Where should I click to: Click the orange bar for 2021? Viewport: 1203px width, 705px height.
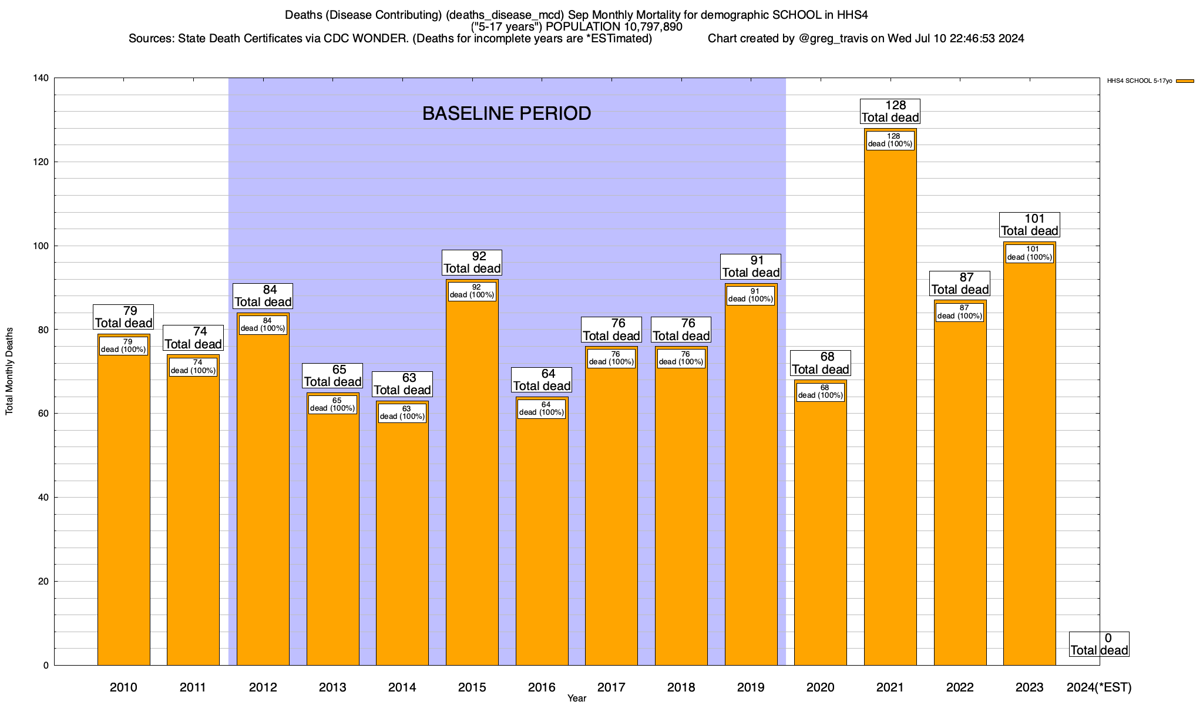tap(890, 411)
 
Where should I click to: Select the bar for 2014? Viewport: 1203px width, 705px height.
tap(402, 540)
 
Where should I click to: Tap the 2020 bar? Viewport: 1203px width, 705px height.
tap(820, 529)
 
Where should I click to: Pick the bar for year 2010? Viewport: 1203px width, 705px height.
tap(123, 505)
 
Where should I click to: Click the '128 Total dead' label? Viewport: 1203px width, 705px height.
tap(890, 111)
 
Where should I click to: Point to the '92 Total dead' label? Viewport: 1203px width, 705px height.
tap(472, 263)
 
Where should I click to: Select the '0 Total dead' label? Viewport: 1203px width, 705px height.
tap(1099, 644)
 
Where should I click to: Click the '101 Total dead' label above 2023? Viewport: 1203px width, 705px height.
tap(1030, 225)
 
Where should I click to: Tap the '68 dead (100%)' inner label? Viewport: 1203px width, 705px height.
tap(820, 392)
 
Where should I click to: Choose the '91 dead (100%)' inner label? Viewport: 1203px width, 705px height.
tap(751, 295)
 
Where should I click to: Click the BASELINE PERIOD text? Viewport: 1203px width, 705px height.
tap(506, 113)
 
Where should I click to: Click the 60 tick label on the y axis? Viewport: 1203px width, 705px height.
tap(43, 414)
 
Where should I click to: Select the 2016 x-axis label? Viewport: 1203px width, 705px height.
tap(542, 687)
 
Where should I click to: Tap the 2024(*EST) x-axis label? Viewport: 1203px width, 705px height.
tap(1098, 687)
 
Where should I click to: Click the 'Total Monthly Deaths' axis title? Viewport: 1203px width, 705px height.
tap(9, 371)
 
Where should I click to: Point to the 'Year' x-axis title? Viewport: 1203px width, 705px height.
tap(577, 699)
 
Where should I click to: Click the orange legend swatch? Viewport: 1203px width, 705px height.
tap(1185, 81)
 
